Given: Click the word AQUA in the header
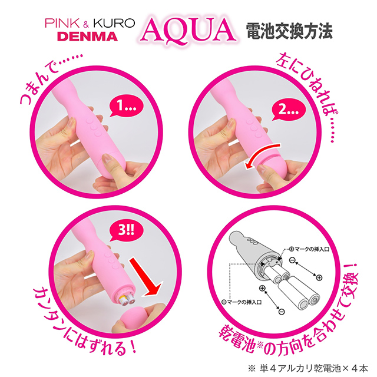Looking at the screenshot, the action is pyautogui.click(x=188, y=31).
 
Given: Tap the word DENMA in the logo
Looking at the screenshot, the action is pyautogui.click(x=88, y=37).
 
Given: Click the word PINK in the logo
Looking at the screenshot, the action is pyautogui.click(x=62, y=23).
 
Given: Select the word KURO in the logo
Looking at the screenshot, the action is pyautogui.click(x=114, y=23).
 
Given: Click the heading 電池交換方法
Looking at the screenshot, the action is pyautogui.click(x=289, y=31).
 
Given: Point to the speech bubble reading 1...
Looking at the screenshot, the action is pyautogui.click(x=125, y=107).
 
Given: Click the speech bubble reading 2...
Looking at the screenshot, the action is pyautogui.click(x=288, y=111).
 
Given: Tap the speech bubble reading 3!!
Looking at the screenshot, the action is pyautogui.click(x=125, y=230).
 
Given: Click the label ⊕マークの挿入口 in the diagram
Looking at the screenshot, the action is pyautogui.click(x=309, y=249).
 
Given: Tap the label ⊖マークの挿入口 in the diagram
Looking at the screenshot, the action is pyautogui.click(x=241, y=302).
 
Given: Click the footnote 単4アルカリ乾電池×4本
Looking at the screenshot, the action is pyautogui.click(x=313, y=368).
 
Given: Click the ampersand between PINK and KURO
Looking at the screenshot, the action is pyautogui.click(x=86, y=24).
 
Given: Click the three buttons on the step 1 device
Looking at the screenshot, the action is pyautogui.click(x=93, y=127).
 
